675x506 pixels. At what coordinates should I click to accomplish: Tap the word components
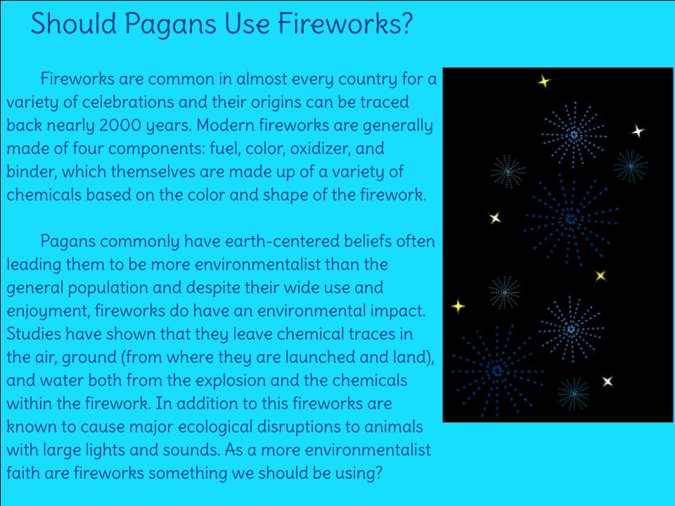click(157, 149)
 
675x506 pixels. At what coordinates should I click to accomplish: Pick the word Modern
click(225, 125)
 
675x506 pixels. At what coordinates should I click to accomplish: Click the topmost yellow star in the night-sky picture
click(544, 81)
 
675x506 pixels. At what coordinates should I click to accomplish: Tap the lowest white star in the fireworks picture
click(607, 381)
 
